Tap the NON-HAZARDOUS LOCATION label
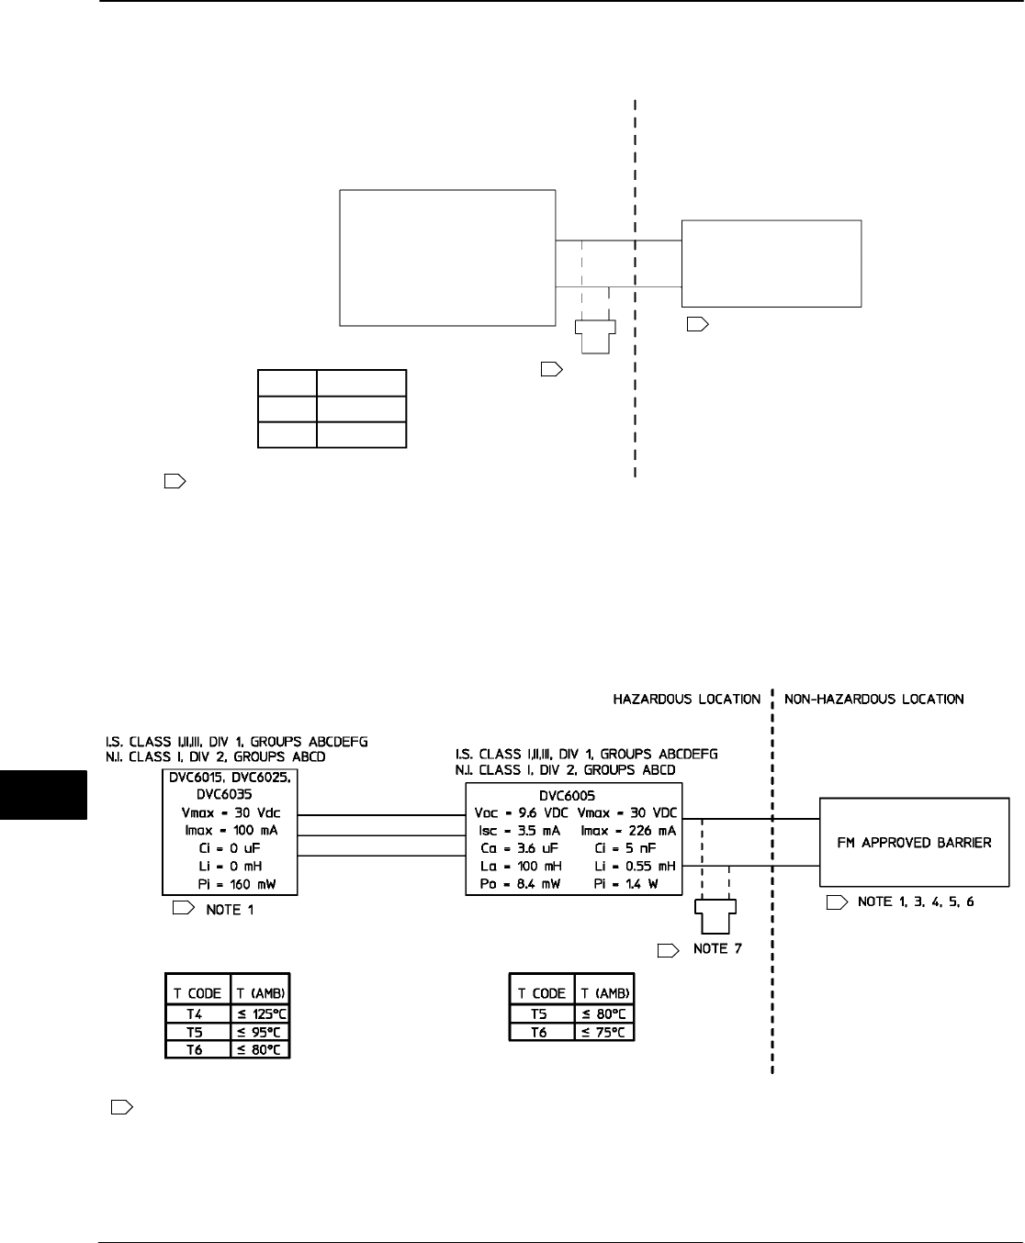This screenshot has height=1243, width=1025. pos(873,700)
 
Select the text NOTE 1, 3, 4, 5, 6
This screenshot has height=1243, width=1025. pos(915,902)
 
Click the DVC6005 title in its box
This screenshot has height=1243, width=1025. pos(574,796)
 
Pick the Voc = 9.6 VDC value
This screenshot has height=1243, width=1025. pos(519,813)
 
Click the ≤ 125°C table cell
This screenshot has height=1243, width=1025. pos(259,1014)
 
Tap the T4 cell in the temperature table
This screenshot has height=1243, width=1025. pos(195,1014)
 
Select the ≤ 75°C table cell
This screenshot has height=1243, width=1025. pos(603,1032)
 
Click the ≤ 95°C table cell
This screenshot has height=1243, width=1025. pos(259,1032)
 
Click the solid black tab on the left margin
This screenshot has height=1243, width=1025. pos(43,794)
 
